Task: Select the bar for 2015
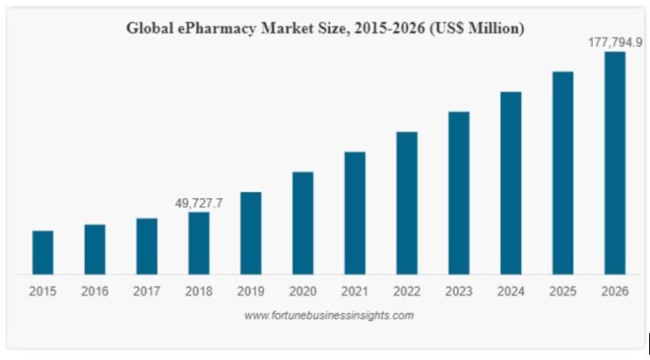pos(43,253)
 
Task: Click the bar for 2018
pos(199,243)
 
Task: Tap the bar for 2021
pos(355,213)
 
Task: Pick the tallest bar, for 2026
pos(615,163)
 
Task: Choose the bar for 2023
pos(459,193)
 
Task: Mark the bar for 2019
pos(251,233)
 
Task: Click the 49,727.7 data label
pos(199,203)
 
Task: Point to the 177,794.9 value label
pos(615,42)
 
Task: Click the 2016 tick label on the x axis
pos(95,290)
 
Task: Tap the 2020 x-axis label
pos(303,290)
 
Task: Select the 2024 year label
pos(511,290)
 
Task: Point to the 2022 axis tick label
pos(407,290)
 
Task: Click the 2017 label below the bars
pos(147,290)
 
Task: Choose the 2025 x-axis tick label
pos(563,290)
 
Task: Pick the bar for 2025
pos(563,172)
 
